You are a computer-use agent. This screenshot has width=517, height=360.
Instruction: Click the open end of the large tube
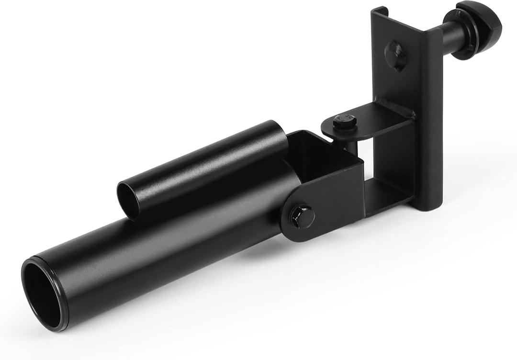pyautogui.click(x=44, y=293)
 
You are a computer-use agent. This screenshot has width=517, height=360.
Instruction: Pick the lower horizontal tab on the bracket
pyautogui.click(x=388, y=189)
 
